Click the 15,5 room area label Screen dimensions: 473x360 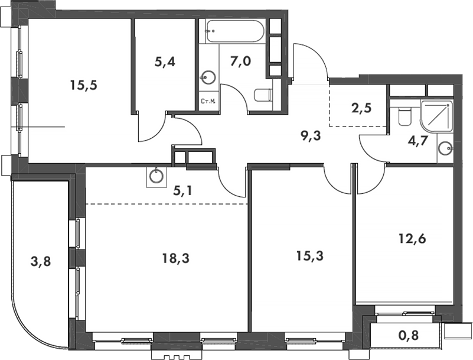(84, 86)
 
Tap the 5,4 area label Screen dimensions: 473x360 (164, 62)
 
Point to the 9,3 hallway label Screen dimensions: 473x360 (311, 136)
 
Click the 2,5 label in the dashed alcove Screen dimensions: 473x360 (361, 108)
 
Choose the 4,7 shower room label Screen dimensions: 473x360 (418, 141)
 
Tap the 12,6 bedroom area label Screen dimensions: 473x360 (412, 239)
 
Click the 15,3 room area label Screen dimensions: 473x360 (310, 256)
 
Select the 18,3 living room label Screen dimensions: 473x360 (176, 258)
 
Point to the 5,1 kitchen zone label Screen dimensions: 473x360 (183, 190)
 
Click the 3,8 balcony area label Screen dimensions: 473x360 (41, 261)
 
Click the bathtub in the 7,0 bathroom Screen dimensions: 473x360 (235, 31)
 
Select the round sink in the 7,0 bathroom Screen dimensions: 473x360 (208, 77)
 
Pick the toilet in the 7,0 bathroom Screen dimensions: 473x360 (263, 95)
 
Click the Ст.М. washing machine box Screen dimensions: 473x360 (208, 101)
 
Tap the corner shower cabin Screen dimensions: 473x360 (438, 116)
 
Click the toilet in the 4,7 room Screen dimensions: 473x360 (405, 117)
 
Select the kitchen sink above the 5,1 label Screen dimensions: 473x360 (156, 177)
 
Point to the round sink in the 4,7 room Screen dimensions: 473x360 (445, 148)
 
